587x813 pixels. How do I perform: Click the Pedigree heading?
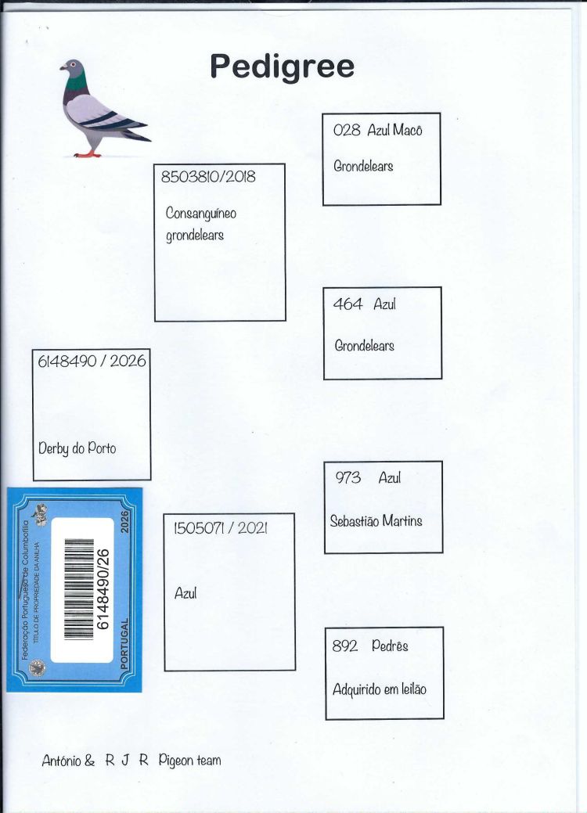282,67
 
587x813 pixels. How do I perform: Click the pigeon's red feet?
87,153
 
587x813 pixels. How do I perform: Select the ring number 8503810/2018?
208,177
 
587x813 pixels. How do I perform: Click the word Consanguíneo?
200,213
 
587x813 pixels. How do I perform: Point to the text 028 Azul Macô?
377,130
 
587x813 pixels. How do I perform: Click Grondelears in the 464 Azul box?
364,345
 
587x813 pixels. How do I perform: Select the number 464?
348,304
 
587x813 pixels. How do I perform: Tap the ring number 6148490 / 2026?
92,362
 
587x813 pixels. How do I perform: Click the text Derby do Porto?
77,448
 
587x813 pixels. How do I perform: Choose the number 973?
348,477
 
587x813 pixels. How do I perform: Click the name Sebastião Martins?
376,520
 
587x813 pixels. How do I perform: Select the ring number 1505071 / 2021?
221,528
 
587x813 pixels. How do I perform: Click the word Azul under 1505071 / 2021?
185,593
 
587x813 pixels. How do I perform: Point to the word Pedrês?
390,646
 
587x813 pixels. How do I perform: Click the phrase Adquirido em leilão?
380,689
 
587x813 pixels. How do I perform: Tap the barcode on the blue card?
78,589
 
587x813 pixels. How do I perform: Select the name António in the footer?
61,761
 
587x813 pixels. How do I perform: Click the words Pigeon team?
189,761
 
